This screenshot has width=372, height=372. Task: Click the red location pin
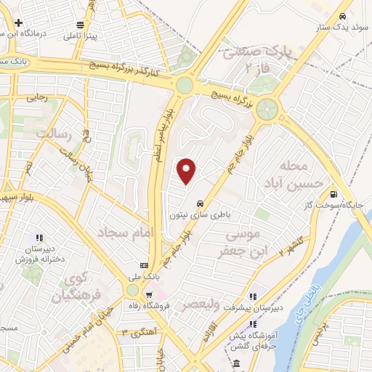click(187, 171)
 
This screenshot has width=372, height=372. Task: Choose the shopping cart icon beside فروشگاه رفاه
click(148, 296)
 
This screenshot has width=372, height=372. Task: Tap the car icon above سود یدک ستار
click(341, 16)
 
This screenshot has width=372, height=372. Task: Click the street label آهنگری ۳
click(144, 332)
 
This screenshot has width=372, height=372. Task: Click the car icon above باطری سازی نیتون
click(209, 204)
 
